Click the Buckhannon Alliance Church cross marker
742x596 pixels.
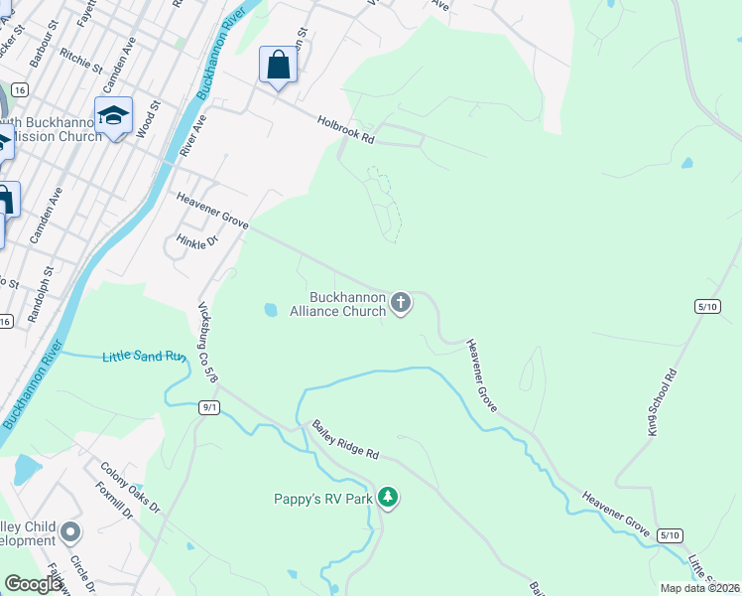(x=400, y=302)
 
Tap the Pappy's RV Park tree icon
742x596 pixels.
(x=388, y=498)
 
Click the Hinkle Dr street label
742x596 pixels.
(x=196, y=242)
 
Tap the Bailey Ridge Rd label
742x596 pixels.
(x=346, y=440)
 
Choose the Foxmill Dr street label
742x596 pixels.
(x=115, y=502)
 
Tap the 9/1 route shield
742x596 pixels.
(x=208, y=407)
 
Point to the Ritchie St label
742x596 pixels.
(x=81, y=62)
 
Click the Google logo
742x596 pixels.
(x=34, y=584)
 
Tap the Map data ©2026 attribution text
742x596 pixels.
(x=699, y=588)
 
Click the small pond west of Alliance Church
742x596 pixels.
(x=271, y=310)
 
